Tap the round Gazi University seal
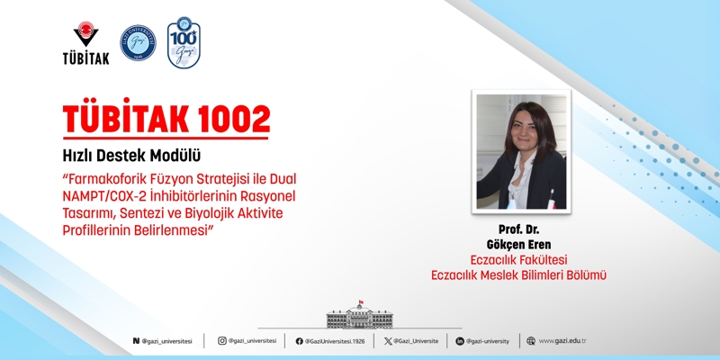tap(138, 42)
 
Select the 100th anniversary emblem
tap(184, 42)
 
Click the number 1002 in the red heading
tap(226, 118)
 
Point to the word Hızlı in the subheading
tap(79, 155)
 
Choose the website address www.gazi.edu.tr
tap(562, 341)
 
